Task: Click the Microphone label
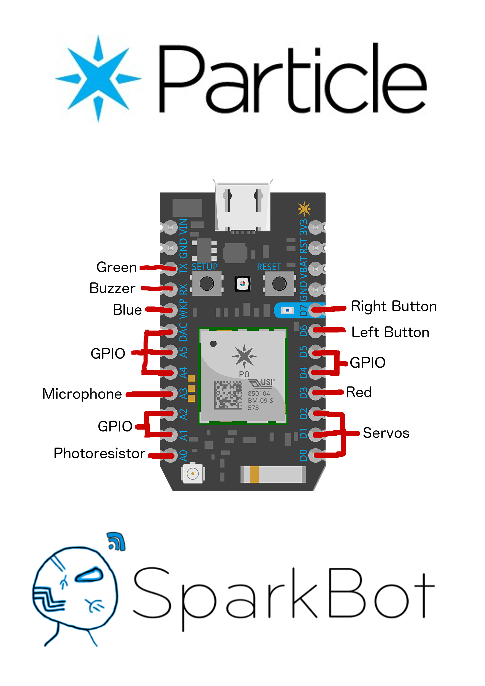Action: (x=82, y=394)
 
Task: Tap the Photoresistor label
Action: (x=100, y=453)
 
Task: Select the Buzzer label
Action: (x=112, y=288)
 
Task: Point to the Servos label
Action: (x=386, y=433)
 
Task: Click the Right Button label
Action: (x=394, y=306)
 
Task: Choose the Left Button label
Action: (x=390, y=332)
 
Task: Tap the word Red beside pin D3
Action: (x=359, y=392)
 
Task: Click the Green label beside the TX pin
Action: (x=116, y=267)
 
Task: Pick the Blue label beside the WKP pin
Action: (x=127, y=310)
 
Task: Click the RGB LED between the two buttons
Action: (x=242, y=284)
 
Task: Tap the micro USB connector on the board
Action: (x=243, y=206)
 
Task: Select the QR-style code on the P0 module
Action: (x=228, y=395)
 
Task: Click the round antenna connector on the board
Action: (x=193, y=474)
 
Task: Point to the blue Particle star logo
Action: (x=98, y=79)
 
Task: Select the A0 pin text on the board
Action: (x=183, y=455)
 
